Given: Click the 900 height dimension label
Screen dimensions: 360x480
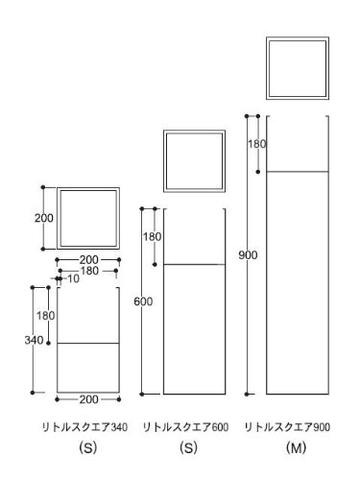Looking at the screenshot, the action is pyautogui.click(x=248, y=255).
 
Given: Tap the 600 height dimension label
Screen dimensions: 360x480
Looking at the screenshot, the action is pyautogui.click(x=143, y=301).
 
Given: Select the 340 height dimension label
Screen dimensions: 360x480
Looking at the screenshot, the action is pyautogui.click(x=34, y=340).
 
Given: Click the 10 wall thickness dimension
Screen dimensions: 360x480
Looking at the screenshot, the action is pyautogui.click(x=73, y=278).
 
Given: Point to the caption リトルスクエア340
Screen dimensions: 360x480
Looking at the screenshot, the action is pyautogui.click(x=85, y=427).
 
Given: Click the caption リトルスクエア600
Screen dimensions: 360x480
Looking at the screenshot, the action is pyautogui.click(x=185, y=427).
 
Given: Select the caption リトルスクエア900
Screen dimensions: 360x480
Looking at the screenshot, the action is pyautogui.click(x=287, y=427).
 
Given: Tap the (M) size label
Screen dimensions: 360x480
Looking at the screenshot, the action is pyautogui.click(x=296, y=447).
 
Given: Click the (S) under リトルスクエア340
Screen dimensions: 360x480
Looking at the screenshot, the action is pyautogui.click(x=88, y=447).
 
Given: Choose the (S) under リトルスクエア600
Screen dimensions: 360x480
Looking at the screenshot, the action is pyautogui.click(x=188, y=447).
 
